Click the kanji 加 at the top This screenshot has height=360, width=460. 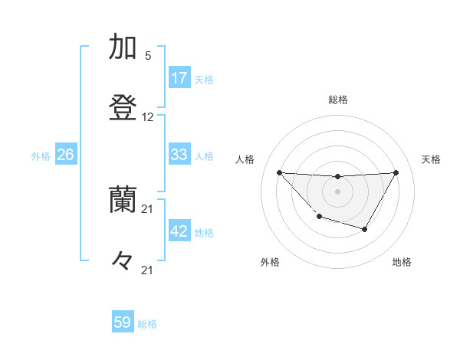123,47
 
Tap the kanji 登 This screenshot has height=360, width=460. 123,108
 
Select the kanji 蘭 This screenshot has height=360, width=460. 123,201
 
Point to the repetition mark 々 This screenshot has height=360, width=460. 123,261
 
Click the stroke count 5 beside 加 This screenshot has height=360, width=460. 148,56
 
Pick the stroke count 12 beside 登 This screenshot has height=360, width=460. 148,117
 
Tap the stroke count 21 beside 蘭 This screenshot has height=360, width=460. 148,209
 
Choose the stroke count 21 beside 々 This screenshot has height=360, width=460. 148,270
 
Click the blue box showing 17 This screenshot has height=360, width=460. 179,78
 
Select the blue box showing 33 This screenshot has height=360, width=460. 179,155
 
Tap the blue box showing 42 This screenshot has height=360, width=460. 179,231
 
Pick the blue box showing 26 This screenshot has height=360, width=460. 65,155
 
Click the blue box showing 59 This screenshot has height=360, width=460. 123,322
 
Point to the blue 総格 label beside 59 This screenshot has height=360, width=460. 147,324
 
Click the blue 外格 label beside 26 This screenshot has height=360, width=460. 41,156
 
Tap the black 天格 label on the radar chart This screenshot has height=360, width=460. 432,159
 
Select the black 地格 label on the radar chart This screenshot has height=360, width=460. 402,262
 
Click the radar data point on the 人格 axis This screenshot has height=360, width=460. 280,172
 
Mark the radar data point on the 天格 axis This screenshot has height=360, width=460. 396,172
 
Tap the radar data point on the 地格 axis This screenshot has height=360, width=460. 365,229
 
